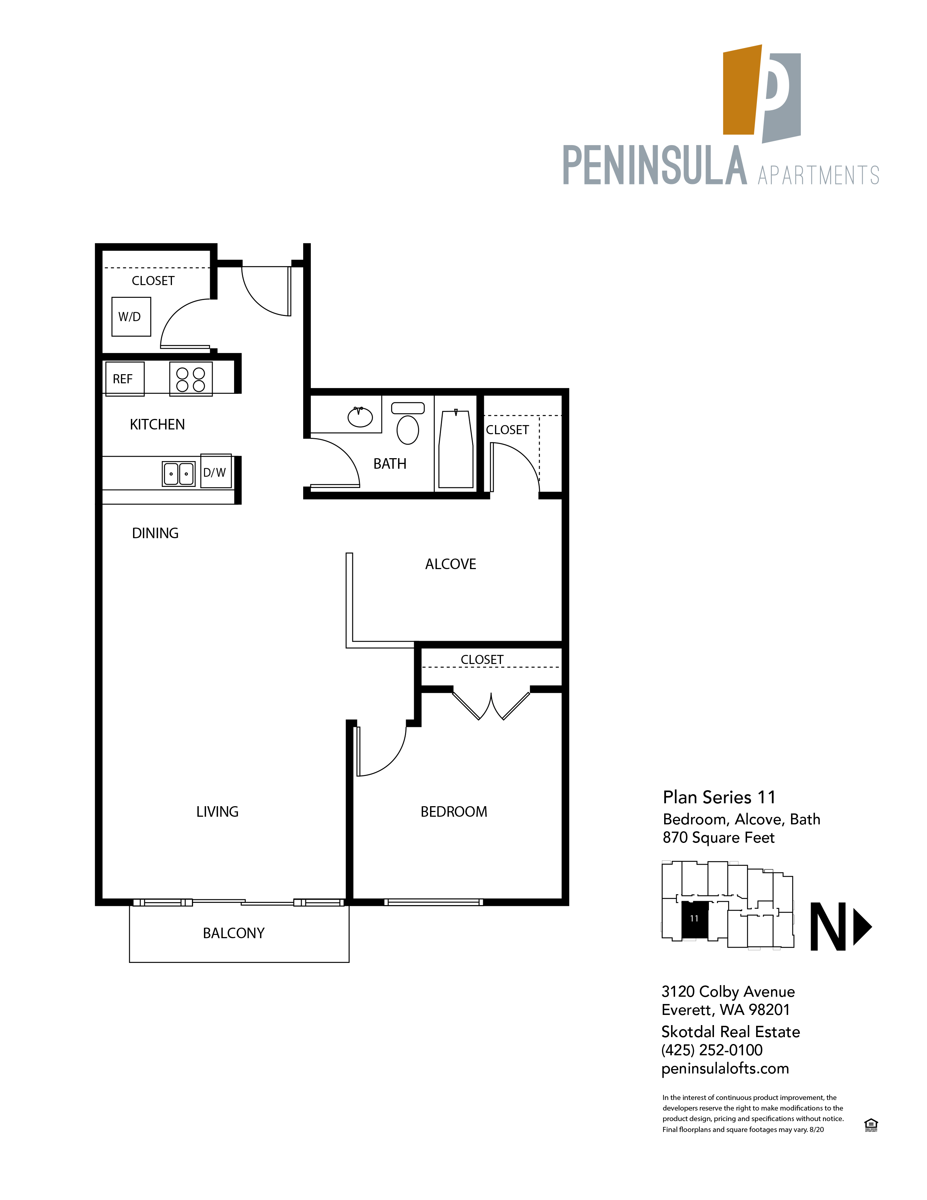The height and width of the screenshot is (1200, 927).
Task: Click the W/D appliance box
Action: point(131,316)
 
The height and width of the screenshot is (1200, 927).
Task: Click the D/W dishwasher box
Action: point(216,471)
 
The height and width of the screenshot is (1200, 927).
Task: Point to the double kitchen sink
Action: point(178,473)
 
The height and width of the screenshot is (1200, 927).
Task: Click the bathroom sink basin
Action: point(360,417)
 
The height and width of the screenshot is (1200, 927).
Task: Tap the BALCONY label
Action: point(233,933)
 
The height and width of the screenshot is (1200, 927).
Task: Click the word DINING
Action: point(155,533)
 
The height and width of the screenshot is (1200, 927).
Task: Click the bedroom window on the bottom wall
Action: point(434,902)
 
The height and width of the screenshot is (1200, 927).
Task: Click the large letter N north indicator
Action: point(828,927)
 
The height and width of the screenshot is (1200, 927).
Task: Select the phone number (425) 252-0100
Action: point(712,1050)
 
